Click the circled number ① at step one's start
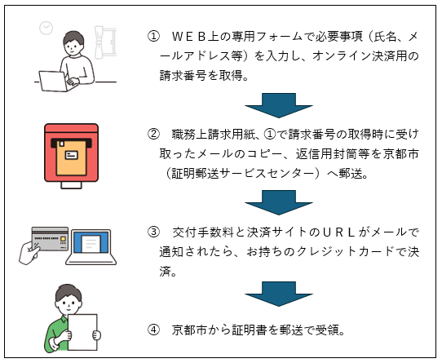coord(153,37)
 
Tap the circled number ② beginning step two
coord(153,135)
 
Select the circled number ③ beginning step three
coord(153,232)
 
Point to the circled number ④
coord(153,330)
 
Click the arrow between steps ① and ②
coord(279,105)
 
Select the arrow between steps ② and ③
coord(279,202)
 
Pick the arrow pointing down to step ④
coord(279,294)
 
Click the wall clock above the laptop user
coord(46,28)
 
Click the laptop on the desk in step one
coord(55,82)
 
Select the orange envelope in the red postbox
coord(71,158)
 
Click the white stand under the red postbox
coord(71,185)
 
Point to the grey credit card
coord(51,239)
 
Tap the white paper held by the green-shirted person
coord(83,332)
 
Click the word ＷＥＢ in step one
coord(188,37)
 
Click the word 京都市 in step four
coord(189,330)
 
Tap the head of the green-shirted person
coord(69,299)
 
